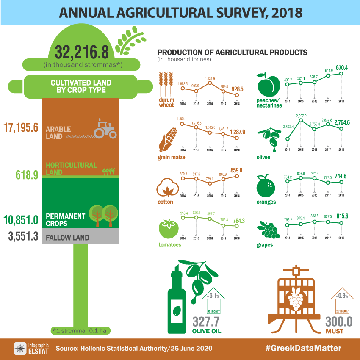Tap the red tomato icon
click(167, 229)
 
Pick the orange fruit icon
click(266, 185)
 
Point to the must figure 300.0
click(339, 322)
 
